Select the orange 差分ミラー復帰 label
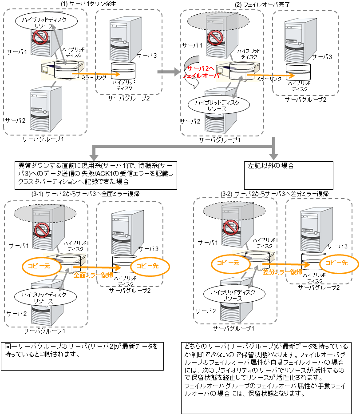click(282, 271)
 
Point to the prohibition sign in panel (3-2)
click(231, 227)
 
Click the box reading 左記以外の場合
click(289, 175)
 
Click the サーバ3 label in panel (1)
click(147, 55)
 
